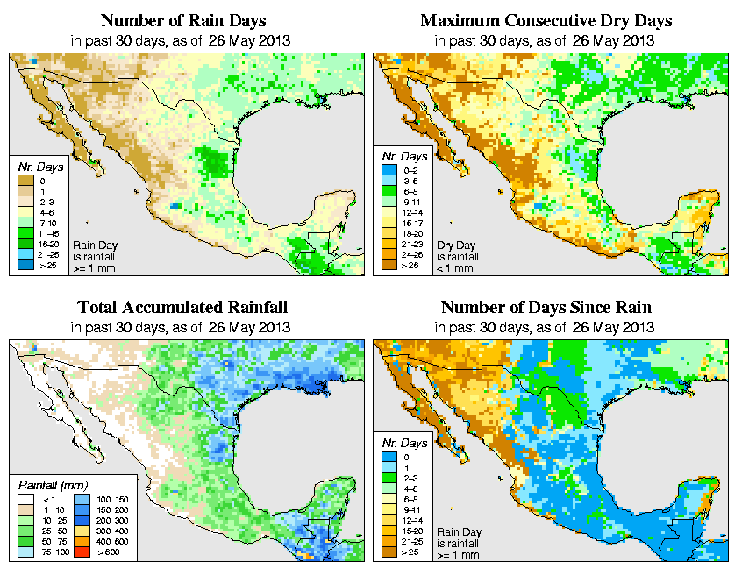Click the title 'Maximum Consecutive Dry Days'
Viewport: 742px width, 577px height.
point(547,20)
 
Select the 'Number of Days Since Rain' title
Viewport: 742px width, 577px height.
point(546,308)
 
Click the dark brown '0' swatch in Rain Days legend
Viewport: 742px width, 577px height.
point(25,181)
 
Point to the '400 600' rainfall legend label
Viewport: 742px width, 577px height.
point(105,544)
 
